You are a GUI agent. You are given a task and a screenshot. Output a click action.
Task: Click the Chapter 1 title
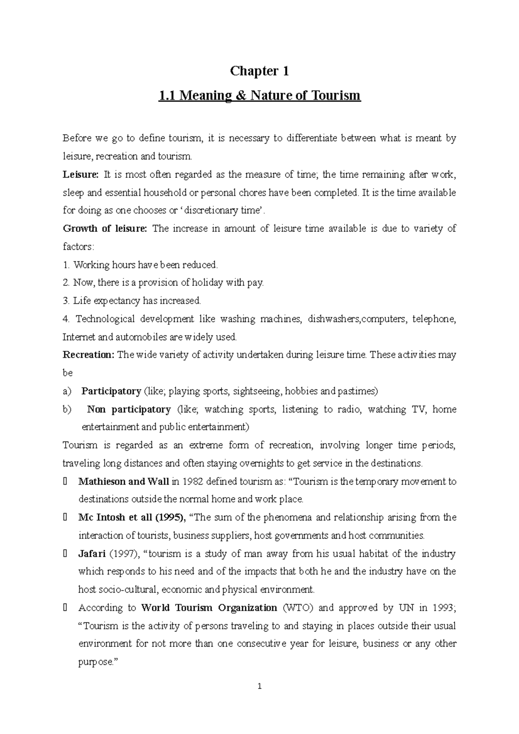click(x=259, y=71)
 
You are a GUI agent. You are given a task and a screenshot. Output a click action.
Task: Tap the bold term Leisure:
click(x=80, y=175)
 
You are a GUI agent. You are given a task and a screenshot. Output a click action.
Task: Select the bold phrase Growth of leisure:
click(x=105, y=229)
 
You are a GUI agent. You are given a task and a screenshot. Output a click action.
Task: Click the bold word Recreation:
click(x=89, y=355)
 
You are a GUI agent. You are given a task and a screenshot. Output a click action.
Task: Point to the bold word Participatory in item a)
click(x=111, y=391)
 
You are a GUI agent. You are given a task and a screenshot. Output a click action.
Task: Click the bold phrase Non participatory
click(x=129, y=409)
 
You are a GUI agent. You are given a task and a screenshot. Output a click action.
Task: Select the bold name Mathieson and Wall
click(x=123, y=482)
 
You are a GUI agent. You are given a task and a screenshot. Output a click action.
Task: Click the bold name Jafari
click(x=92, y=554)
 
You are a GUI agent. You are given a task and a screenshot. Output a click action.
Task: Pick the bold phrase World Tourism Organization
click(x=209, y=608)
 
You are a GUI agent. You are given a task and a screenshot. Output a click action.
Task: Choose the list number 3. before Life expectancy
click(x=66, y=300)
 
